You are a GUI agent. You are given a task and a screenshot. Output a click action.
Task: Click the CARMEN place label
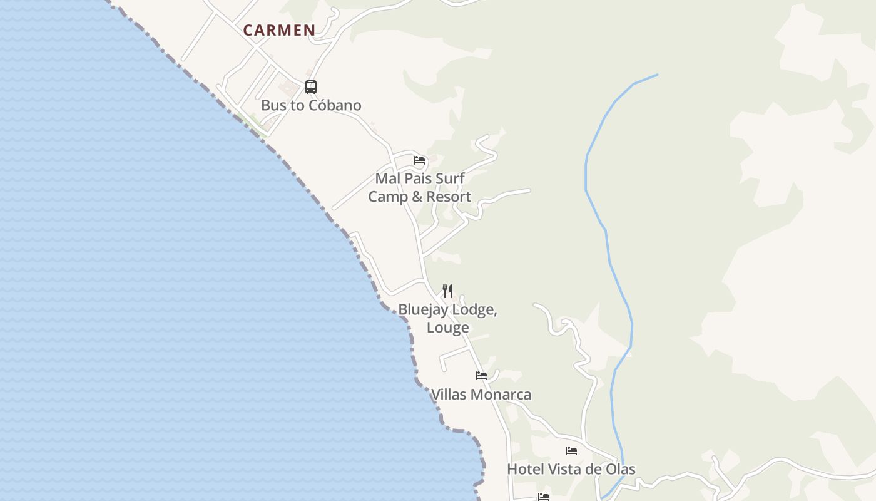[279, 30]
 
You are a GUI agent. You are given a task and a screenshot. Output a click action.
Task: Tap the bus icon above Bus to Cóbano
[311, 87]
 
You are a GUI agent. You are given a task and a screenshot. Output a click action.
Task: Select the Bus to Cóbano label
[311, 105]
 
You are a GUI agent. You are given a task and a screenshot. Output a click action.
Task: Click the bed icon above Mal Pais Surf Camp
[419, 160]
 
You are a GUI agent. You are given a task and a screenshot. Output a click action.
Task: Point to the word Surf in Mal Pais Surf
[450, 178]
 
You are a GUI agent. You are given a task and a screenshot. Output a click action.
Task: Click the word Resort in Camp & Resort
[447, 197]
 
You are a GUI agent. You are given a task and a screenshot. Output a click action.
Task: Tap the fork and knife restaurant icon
[447, 291]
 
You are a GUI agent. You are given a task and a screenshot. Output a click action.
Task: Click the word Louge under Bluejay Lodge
[448, 328]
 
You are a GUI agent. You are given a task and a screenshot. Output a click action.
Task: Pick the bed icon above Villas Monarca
[481, 376]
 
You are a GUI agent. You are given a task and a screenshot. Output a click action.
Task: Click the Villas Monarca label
[481, 395]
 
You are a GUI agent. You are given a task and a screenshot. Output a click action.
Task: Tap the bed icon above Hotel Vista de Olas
[571, 450]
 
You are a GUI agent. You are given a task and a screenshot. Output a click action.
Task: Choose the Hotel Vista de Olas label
[571, 469]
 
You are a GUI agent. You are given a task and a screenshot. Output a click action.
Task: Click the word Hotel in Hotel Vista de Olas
[525, 469]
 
